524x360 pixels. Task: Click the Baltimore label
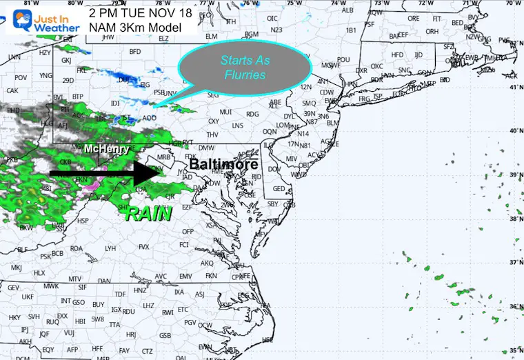point(223,165)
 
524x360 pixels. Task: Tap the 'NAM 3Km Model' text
point(136,28)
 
